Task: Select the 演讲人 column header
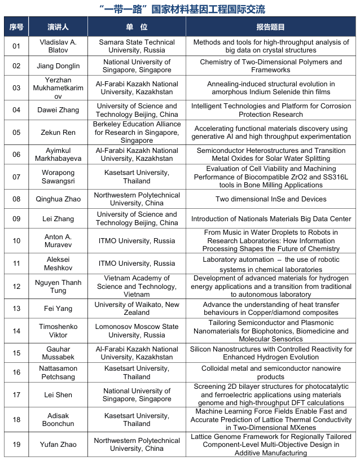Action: point(58,27)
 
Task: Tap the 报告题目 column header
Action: point(270,27)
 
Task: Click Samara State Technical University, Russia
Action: point(137,46)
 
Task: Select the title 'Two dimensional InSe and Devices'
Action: point(271,199)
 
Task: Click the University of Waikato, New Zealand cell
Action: point(137,309)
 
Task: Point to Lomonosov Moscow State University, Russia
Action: point(137,331)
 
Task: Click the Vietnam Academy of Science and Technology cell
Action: point(137,287)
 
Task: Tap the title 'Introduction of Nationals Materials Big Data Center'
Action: point(271,219)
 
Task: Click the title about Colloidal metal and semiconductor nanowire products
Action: point(271,372)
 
